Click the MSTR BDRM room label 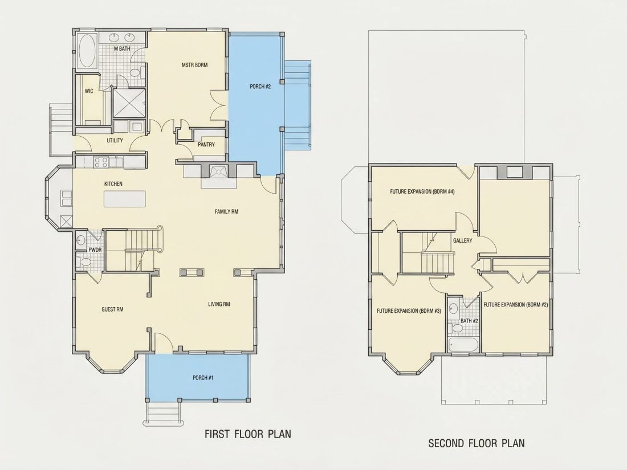pos(195,65)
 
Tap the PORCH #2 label pos(260,87)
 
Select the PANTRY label pos(206,145)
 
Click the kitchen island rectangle pos(125,199)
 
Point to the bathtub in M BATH pos(87,51)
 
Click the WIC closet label pos(89,91)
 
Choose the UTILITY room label pos(115,141)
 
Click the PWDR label pos(95,250)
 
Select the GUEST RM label pos(112,309)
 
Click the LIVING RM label pos(219,304)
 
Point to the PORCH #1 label pos(203,378)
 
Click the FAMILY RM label pos(226,211)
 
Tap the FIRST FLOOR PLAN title pos(248,434)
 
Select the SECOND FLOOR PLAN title pos(477,443)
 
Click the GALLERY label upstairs pos(463,240)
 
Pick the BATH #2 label pos(469,321)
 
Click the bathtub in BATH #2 pos(463,345)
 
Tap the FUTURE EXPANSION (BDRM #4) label pos(422,191)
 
